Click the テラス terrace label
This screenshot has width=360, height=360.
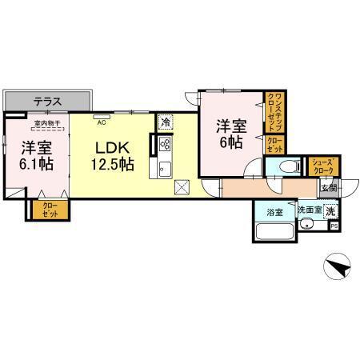pos(50,102)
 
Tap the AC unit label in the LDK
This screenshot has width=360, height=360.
pos(102,123)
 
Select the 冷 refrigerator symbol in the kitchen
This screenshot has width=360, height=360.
pos(165,123)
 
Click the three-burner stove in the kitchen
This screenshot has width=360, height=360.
pos(165,146)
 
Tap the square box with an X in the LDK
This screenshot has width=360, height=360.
pos(182,189)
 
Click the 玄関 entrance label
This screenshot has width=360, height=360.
pos(329,188)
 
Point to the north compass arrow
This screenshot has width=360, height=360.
pos(340,266)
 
